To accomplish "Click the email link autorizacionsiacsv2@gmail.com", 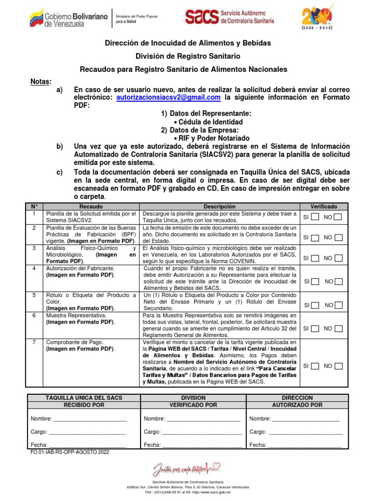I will [168, 98].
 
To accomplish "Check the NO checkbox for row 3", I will [338, 258].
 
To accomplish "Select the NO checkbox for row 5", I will [338, 305].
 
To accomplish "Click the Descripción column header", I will [219, 207].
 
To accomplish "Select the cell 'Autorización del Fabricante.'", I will [80, 269].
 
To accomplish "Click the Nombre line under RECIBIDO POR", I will [90, 419].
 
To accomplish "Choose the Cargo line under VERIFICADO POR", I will [202, 432].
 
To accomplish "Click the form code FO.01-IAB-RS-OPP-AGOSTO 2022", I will [70, 453].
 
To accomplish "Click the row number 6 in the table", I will [34, 316].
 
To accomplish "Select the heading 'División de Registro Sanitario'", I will [188, 56].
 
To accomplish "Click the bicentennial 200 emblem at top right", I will [319, 19].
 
